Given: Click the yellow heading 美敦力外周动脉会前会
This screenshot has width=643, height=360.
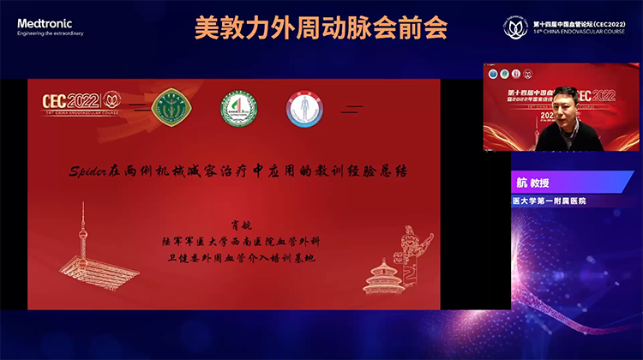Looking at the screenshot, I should point(321,28).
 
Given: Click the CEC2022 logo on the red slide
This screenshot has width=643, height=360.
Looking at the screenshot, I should point(81,102).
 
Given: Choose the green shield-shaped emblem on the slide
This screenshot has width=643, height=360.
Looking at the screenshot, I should point(166,108).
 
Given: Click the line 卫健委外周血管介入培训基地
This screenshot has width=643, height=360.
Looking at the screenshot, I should point(239,255).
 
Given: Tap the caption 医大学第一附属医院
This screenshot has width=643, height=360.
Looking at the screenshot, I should point(554,201).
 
